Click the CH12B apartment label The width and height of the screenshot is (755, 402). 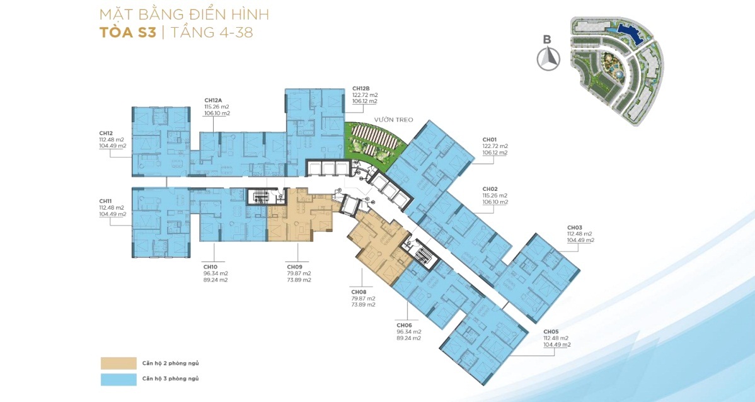click(x=360, y=89)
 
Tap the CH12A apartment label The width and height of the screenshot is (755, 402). click(x=213, y=101)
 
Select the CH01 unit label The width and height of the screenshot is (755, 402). click(x=489, y=140)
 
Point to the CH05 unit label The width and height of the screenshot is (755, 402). click(x=551, y=331)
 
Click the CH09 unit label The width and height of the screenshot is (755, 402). click(x=294, y=267)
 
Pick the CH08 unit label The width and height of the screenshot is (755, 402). click(x=359, y=292)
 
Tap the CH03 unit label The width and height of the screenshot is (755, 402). click(x=574, y=227)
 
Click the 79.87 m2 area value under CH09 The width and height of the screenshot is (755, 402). click(x=299, y=273)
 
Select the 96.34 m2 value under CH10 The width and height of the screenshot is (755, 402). click(x=216, y=273)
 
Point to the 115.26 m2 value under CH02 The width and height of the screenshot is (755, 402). click(x=495, y=196)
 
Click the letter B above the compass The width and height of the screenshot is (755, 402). click(x=548, y=40)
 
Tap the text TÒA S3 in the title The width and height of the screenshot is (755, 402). click(x=127, y=32)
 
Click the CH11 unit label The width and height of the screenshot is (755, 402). click(x=106, y=201)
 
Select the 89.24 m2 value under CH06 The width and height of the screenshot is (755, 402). click(x=408, y=338)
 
